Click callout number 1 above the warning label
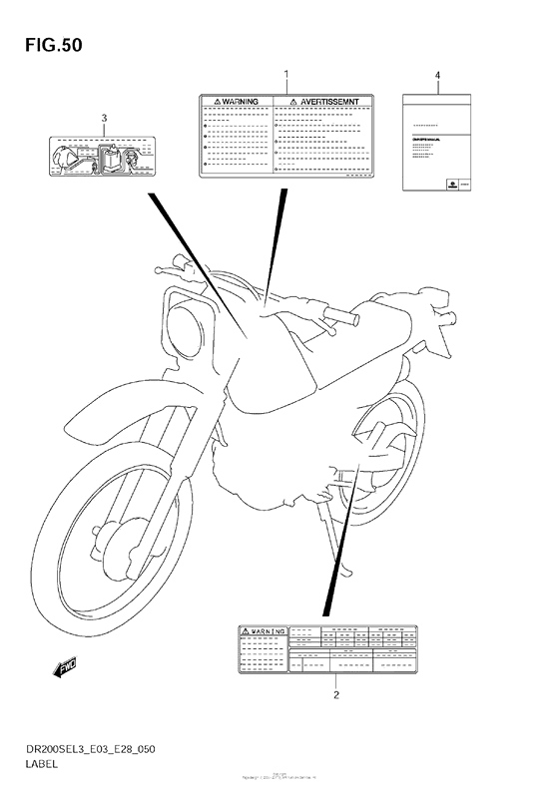[x=285, y=75]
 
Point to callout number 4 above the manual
[x=437, y=76]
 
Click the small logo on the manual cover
[x=454, y=183]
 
